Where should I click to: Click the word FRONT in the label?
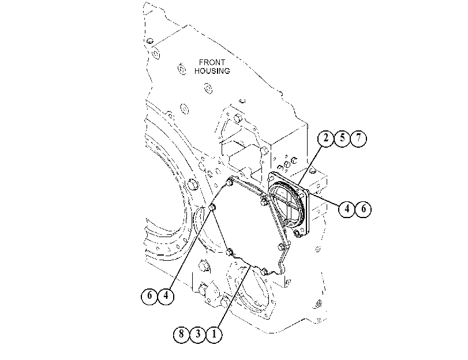(x=212, y=62)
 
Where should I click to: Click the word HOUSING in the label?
(x=212, y=71)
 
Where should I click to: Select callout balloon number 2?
(x=325, y=138)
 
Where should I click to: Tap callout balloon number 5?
(x=342, y=138)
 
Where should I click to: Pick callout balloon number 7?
(x=358, y=138)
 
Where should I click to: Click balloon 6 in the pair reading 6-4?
(x=149, y=296)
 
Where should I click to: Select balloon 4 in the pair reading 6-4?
(x=166, y=296)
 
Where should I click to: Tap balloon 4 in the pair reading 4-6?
(x=346, y=209)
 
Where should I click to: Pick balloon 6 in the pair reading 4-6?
(x=363, y=209)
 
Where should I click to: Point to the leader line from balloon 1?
(x=234, y=297)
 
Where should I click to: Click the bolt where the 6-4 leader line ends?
(x=212, y=208)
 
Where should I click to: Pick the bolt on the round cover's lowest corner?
(x=297, y=234)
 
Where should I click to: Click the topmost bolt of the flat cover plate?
(x=230, y=182)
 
